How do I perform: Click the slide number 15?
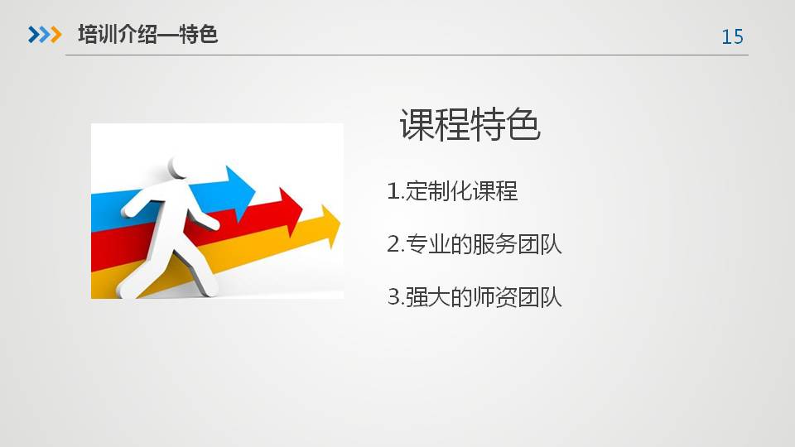(x=732, y=36)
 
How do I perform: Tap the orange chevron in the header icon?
(x=55, y=35)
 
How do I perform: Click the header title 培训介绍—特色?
(x=148, y=35)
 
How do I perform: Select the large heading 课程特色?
(x=470, y=124)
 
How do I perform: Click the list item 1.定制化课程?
(x=452, y=191)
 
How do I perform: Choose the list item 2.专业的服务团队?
(x=475, y=244)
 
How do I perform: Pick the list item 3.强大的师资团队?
(x=475, y=297)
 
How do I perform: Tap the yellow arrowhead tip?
(x=340, y=222)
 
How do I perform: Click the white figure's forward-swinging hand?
(x=213, y=223)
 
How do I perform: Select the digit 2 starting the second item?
(x=393, y=244)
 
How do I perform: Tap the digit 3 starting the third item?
(x=393, y=297)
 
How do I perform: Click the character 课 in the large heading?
(x=417, y=124)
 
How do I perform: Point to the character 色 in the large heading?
(x=523, y=124)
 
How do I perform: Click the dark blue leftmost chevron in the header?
(x=33, y=35)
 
